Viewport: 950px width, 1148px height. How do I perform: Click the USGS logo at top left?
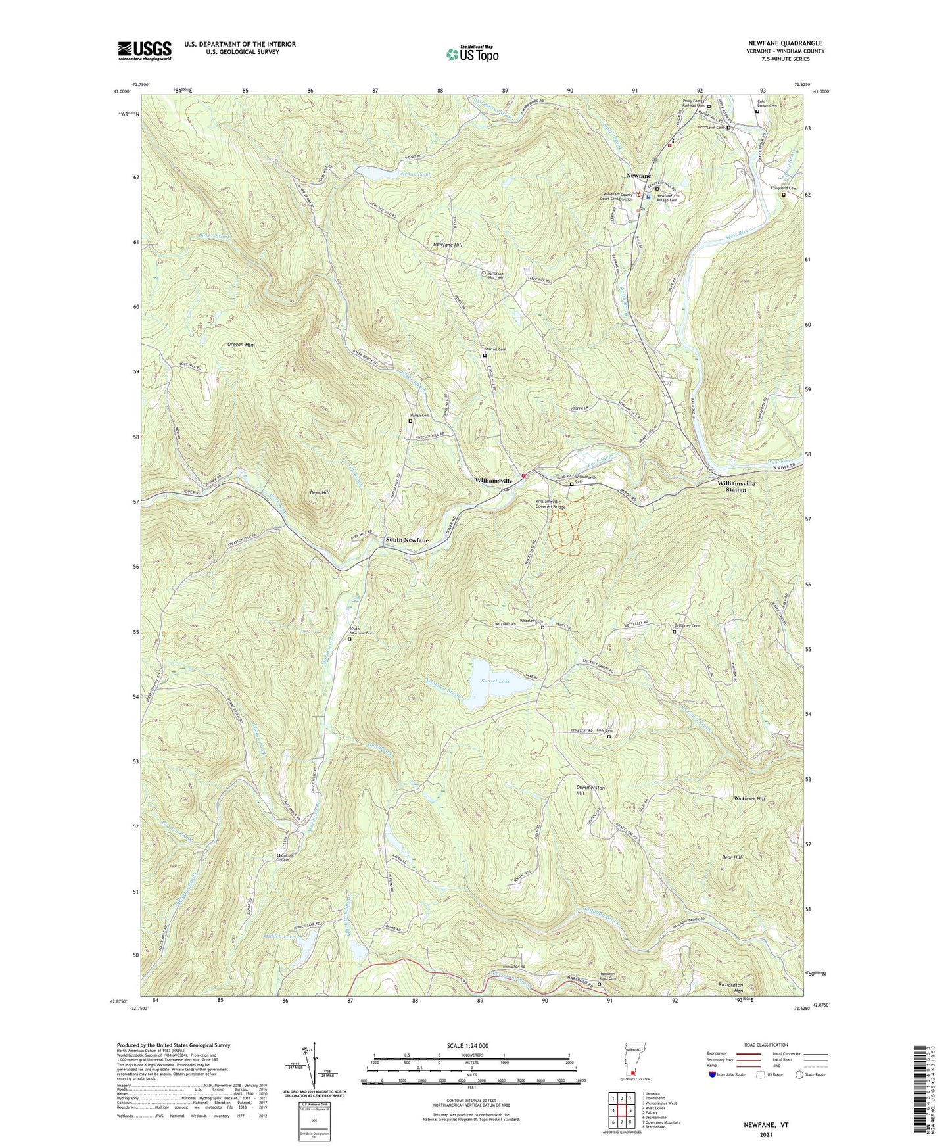(x=145, y=51)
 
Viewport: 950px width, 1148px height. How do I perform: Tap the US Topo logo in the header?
(x=472, y=54)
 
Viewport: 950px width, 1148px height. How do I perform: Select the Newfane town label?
(x=638, y=176)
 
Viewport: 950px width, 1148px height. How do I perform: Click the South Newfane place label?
(x=406, y=540)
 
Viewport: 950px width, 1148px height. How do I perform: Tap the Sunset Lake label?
(x=494, y=681)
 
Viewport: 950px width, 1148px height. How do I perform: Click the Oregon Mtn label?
(x=240, y=345)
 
